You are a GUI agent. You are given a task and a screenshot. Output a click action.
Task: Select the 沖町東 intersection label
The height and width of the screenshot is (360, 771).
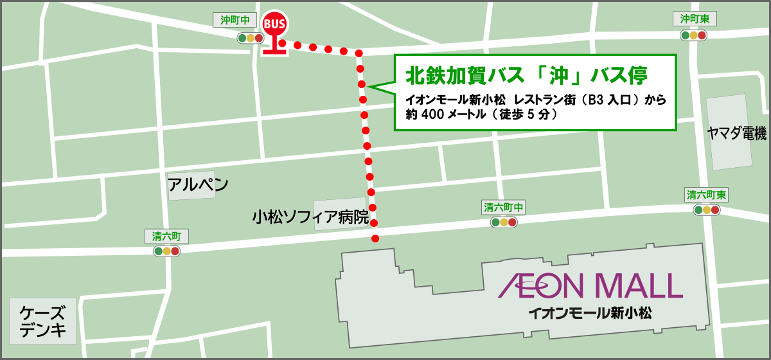(x=695, y=19)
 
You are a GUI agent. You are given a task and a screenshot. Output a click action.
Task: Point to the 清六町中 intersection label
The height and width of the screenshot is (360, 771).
(x=504, y=207)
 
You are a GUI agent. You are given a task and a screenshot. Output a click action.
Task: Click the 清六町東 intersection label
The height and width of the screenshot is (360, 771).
(x=707, y=195)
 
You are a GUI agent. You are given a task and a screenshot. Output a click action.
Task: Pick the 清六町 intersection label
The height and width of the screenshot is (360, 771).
(x=166, y=236)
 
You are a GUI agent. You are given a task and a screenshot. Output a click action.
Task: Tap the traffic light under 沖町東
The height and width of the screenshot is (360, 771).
(x=694, y=36)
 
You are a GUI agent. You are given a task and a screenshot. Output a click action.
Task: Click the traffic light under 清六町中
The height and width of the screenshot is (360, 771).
(x=504, y=222)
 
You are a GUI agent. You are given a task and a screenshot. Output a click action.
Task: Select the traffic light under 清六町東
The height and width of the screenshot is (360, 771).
(x=707, y=210)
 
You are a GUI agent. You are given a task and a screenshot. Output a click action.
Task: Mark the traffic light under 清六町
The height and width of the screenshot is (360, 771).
(x=166, y=251)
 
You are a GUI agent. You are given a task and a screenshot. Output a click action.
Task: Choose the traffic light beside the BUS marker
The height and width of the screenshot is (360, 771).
(x=251, y=38)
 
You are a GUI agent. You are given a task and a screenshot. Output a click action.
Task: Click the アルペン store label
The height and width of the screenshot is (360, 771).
(x=198, y=185)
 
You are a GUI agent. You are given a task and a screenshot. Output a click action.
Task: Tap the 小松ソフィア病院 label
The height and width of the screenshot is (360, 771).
(x=310, y=217)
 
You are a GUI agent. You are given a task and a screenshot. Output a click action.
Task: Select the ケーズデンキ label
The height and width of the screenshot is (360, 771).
(x=42, y=322)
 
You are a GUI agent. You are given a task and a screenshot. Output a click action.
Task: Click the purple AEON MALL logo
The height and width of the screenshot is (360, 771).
(x=590, y=285)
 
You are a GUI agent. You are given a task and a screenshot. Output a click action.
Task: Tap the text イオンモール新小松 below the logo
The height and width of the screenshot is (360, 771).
(x=590, y=313)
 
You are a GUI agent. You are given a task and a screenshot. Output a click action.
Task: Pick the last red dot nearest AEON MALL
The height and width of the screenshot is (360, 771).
(x=375, y=239)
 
